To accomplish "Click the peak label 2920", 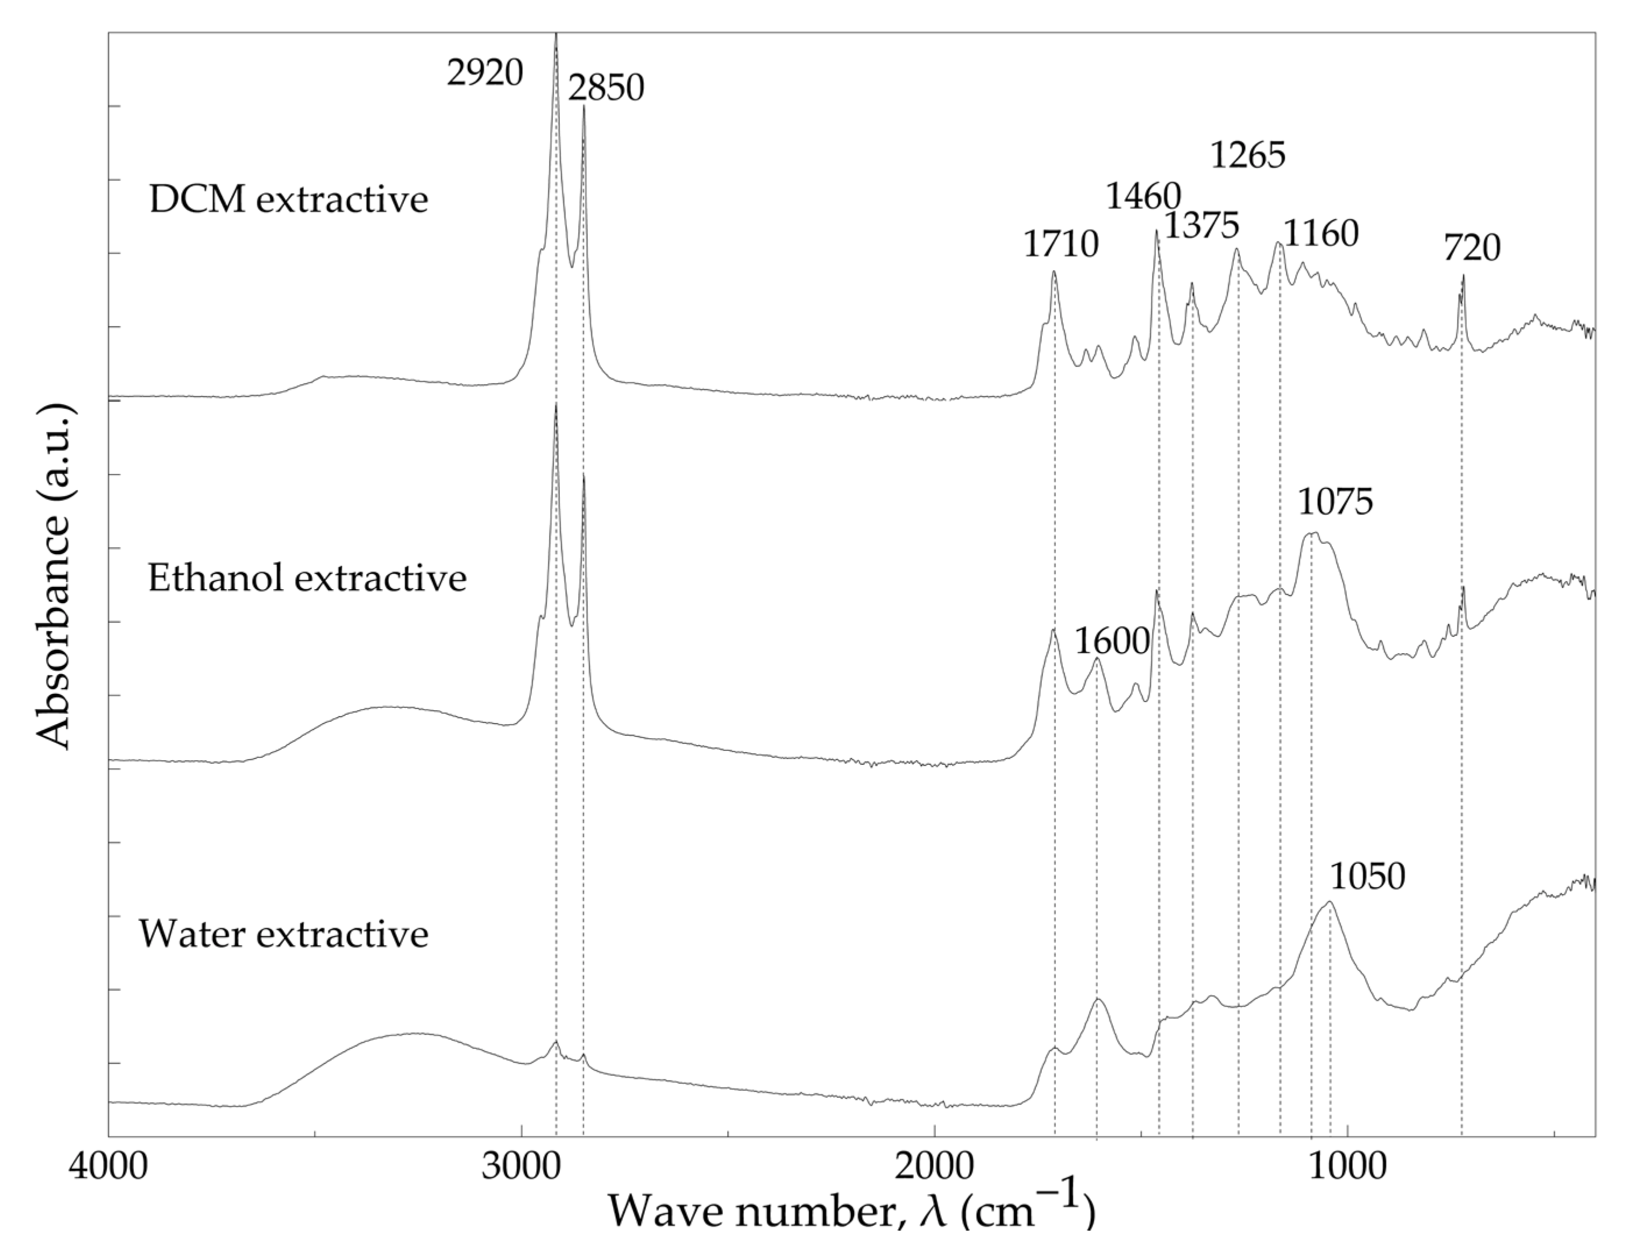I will coord(485,73).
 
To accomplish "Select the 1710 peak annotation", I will coord(1060,244).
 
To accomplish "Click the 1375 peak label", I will coord(1202,225).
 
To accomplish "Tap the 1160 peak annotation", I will coord(1321,234).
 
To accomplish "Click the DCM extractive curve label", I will coord(289,200).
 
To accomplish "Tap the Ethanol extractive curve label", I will coord(307,578).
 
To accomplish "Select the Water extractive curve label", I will coord(283,934).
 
